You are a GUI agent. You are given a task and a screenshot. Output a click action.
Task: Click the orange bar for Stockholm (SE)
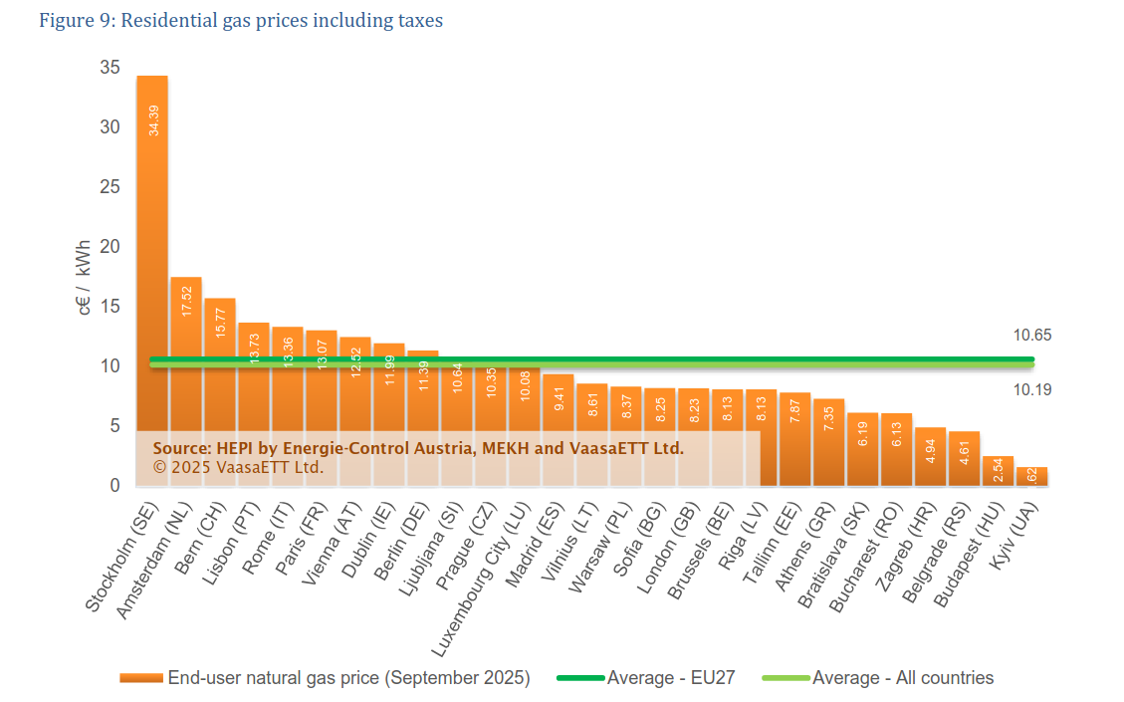click(x=152, y=249)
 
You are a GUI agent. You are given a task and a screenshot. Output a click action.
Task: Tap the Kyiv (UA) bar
click(x=1031, y=477)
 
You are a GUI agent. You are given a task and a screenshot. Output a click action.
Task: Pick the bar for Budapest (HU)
click(x=998, y=471)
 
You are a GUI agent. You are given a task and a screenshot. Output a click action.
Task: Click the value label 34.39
click(x=152, y=119)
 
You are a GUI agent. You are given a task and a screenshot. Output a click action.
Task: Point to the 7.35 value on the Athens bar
click(x=829, y=417)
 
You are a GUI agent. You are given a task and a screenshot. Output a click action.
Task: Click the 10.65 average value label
click(x=1032, y=336)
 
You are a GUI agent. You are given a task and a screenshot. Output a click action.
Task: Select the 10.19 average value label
click(x=1032, y=389)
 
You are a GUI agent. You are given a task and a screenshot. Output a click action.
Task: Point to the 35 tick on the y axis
click(x=110, y=68)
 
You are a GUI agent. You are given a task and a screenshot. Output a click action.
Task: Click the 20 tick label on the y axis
click(x=110, y=247)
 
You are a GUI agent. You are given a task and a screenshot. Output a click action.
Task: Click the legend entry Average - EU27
click(x=671, y=678)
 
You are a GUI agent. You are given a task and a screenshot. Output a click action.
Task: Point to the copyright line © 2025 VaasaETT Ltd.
click(x=239, y=466)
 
